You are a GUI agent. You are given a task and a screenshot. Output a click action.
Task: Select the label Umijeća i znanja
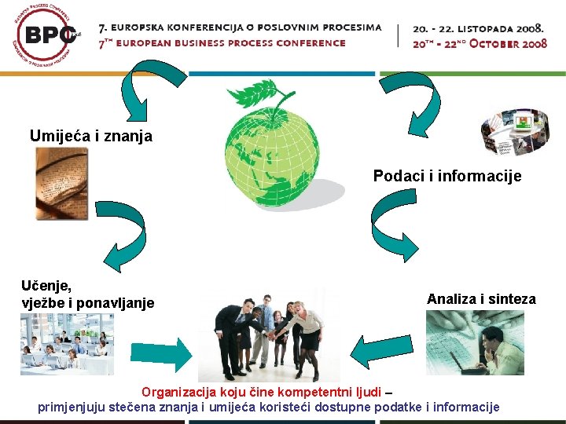pyautogui.click(x=91, y=136)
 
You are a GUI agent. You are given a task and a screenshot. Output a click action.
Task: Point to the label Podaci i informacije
pyautogui.click(x=447, y=176)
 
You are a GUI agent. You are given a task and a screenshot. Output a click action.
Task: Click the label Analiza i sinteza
pyautogui.click(x=481, y=299)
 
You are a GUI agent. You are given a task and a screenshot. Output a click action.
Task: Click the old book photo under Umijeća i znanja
pyautogui.click(x=62, y=184)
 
